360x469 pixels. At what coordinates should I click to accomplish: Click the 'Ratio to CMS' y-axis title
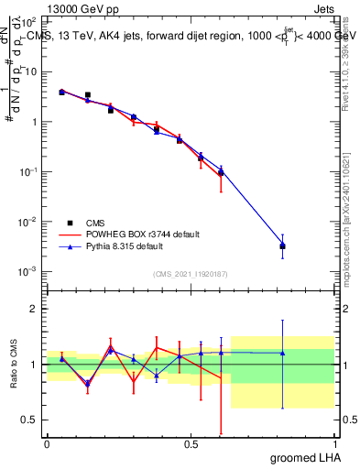tap(16, 365)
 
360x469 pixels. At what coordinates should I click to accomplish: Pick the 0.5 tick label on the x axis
tap(191, 442)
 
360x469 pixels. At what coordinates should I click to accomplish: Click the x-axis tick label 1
tap(334, 442)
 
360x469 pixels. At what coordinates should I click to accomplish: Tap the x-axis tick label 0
tap(48, 442)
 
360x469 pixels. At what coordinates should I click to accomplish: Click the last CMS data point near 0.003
tap(283, 246)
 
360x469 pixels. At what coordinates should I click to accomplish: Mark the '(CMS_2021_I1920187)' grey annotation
tap(191, 274)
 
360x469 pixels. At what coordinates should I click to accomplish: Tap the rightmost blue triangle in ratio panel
tap(283, 352)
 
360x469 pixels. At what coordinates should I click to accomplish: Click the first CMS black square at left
tap(61, 92)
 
